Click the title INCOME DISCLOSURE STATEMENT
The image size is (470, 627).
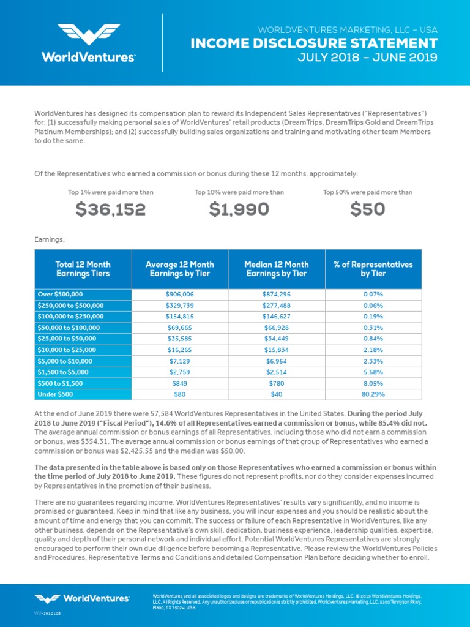click(x=314, y=43)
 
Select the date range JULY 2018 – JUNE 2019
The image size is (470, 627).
click(x=367, y=58)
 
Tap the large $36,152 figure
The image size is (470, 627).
click(x=111, y=209)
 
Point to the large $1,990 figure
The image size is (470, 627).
click(x=239, y=209)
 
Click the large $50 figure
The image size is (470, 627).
click(x=368, y=209)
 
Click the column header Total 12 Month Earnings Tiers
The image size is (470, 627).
click(x=83, y=269)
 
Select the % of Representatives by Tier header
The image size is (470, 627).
click(x=373, y=269)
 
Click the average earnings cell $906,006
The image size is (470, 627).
click(x=179, y=294)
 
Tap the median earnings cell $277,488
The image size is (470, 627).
click(x=276, y=305)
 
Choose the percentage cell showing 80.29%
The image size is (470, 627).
click(x=373, y=394)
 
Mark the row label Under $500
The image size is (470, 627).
click(x=55, y=394)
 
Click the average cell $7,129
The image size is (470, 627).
click(x=179, y=361)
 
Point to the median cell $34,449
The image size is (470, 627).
click(x=276, y=339)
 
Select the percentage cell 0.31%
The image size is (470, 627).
click(x=373, y=328)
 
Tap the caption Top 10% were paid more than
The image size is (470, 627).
click(x=239, y=192)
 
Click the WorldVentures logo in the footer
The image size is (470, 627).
click(x=82, y=598)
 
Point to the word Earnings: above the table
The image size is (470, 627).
click(x=50, y=239)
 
